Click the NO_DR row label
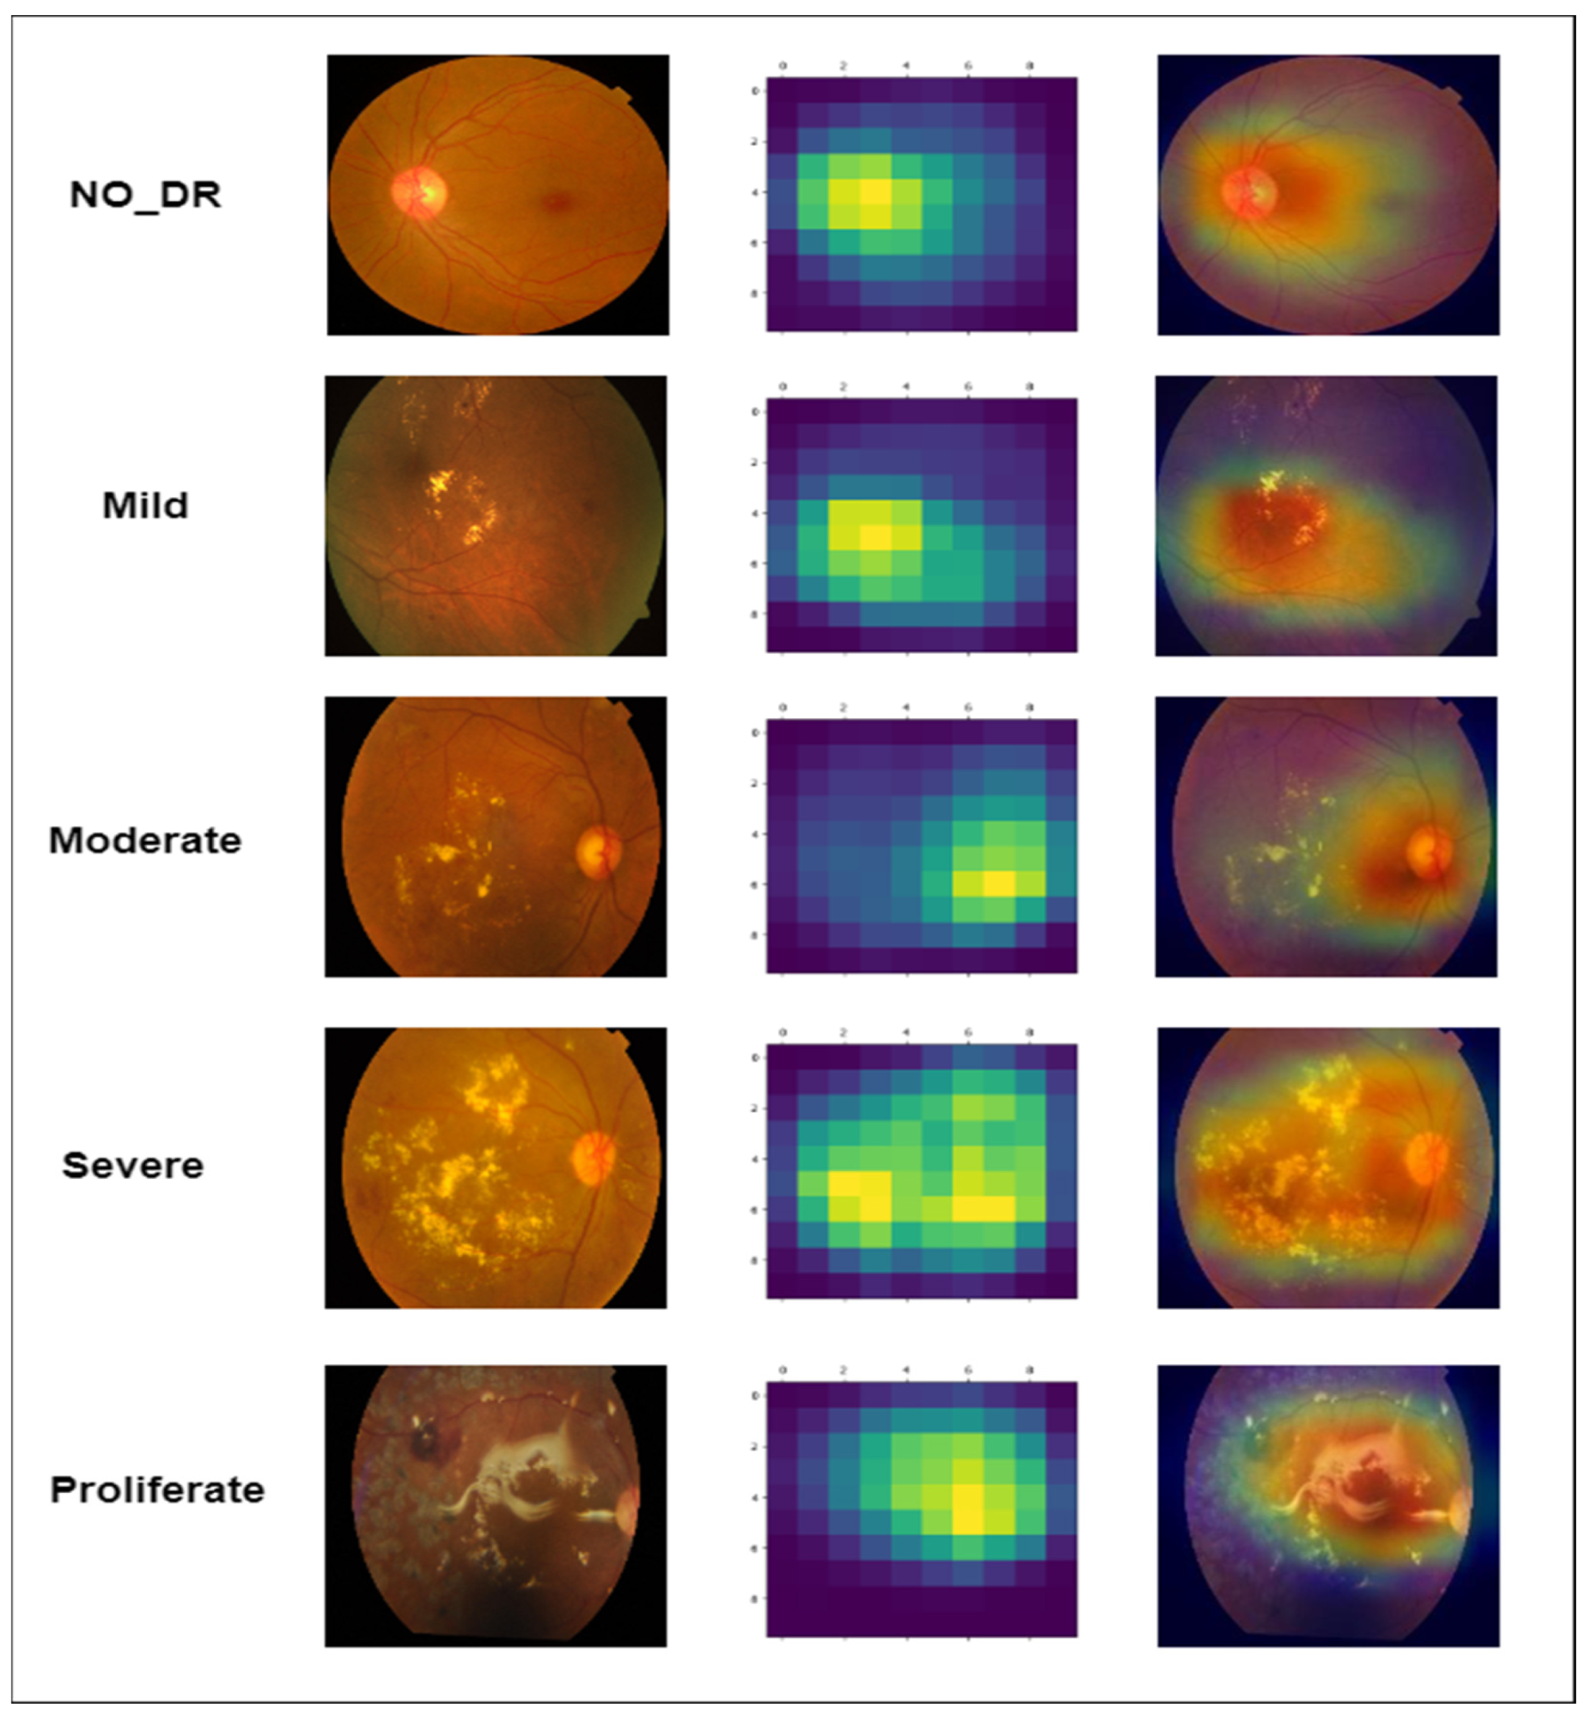tap(145, 196)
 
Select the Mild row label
tap(145, 505)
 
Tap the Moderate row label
tap(145, 840)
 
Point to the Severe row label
tap(133, 1165)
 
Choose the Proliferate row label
tap(157, 1489)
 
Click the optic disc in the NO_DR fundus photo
tap(419, 191)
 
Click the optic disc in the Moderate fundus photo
tap(598, 852)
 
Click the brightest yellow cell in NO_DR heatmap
tap(875, 191)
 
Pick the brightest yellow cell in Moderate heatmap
tap(999, 884)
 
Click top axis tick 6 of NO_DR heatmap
tap(968, 66)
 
